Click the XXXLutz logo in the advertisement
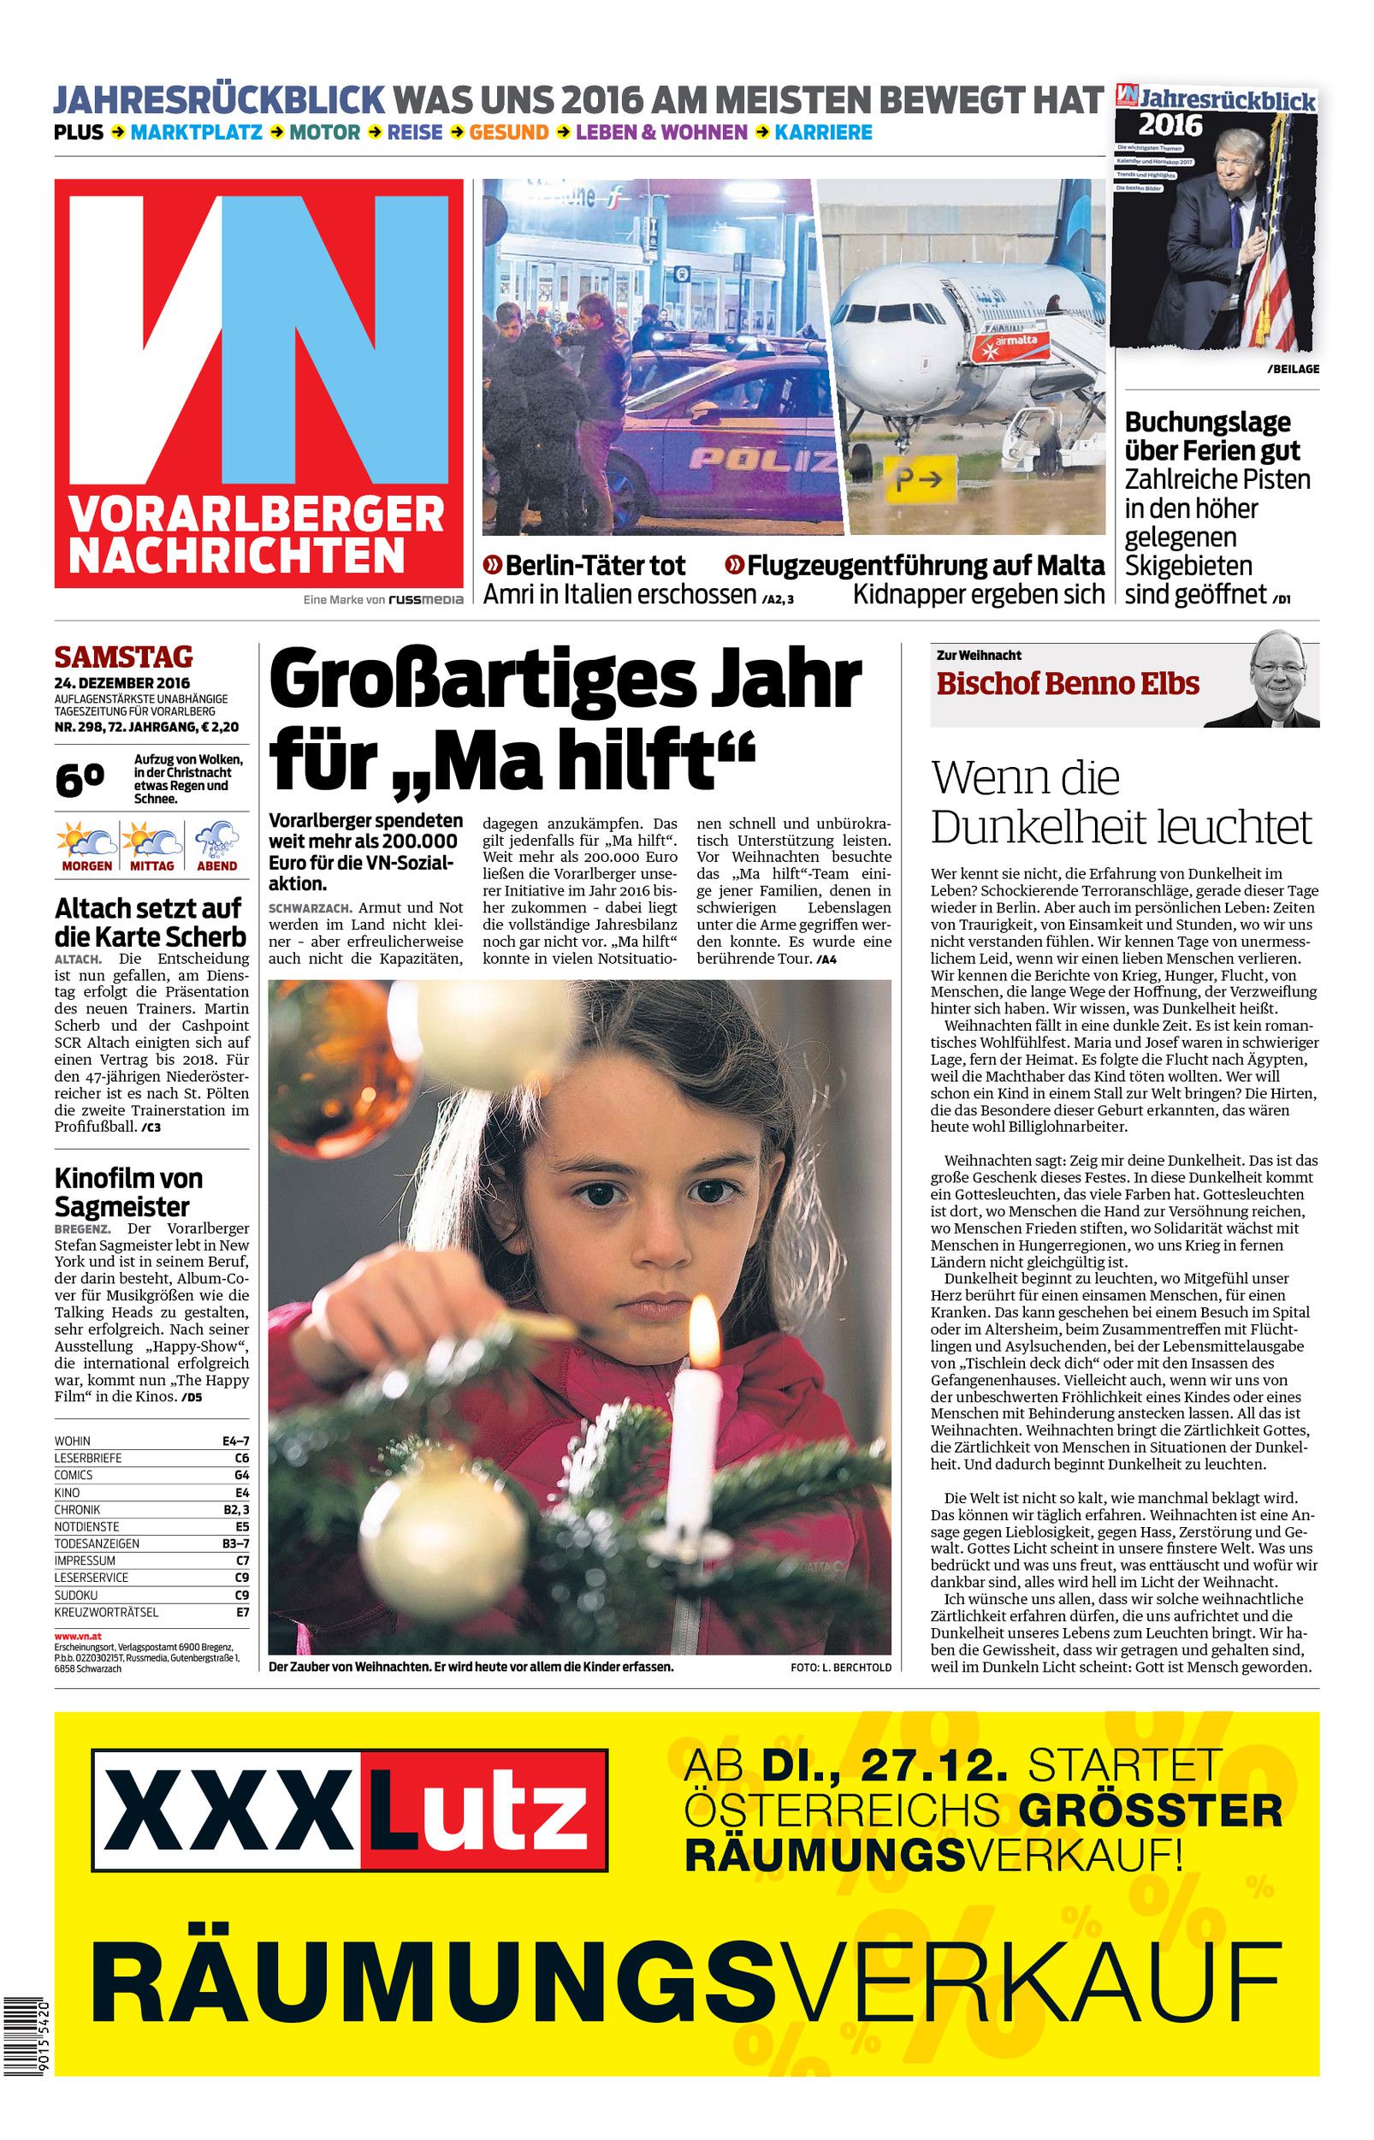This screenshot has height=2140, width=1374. tap(350, 1809)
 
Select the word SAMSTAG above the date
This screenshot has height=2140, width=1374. tap(123, 657)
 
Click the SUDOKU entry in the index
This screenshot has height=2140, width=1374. tap(76, 1595)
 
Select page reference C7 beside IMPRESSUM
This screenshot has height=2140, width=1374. tap(242, 1560)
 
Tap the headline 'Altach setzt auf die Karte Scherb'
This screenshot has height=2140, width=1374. tap(150, 923)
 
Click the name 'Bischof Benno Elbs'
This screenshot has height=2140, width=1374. tap(1067, 685)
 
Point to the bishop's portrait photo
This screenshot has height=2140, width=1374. tap(1276, 679)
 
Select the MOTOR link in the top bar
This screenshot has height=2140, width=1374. tap(325, 133)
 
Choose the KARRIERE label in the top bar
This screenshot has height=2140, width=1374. tap(823, 133)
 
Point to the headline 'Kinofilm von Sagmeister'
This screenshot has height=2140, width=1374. tap(128, 1192)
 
